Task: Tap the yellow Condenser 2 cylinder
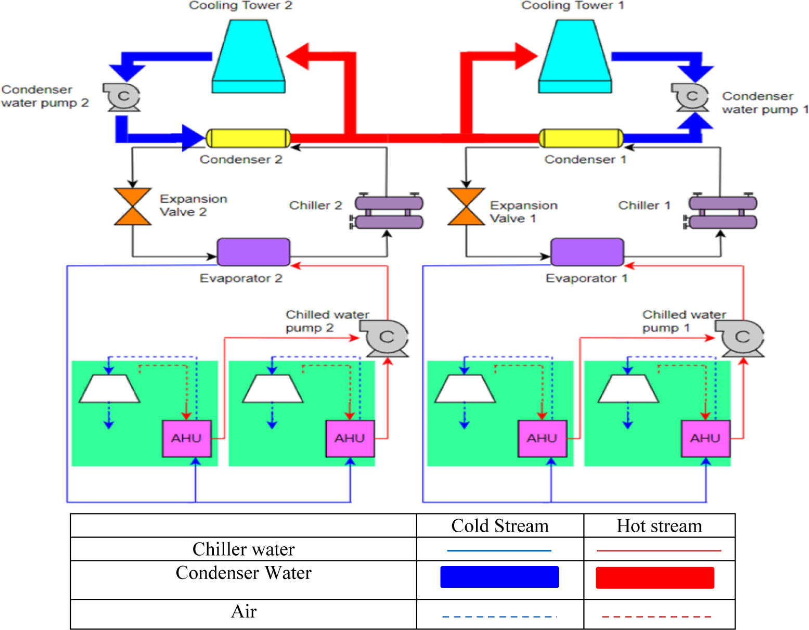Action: (x=248, y=138)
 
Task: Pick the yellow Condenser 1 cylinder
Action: (x=581, y=138)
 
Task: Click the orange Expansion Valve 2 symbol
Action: (x=133, y=207)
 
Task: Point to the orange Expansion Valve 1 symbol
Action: (x=466, y=207)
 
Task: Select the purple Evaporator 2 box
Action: (x=253, y=252)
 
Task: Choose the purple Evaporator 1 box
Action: (x=587, y=252)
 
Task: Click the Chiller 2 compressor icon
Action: (x=388, y=212)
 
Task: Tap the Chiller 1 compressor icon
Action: (x=722, y=212)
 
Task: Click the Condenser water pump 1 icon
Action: (x=691, y=97)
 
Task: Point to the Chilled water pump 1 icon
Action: (x=741, y=338)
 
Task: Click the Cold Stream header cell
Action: (x=499, y=526)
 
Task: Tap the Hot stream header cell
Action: (x=659, y=526)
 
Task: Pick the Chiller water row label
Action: (x=243, y=549)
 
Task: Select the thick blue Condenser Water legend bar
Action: (x=499, y=577)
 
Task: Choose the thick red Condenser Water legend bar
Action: (x=655, y=577)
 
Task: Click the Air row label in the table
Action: (x=243, y=612)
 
